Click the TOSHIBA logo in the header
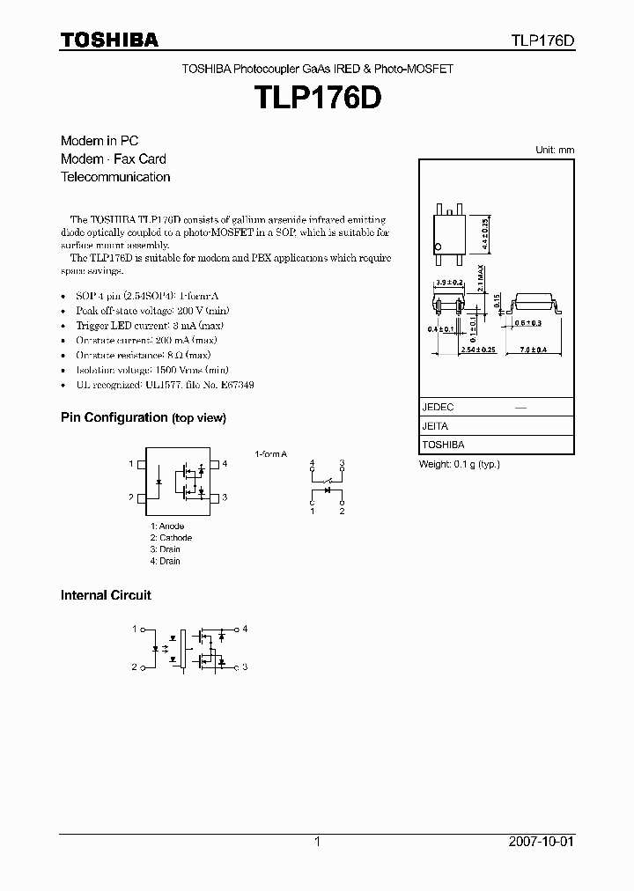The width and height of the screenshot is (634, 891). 109,40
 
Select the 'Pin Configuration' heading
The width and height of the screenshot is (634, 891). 114,417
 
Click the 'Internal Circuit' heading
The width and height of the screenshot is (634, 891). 106,595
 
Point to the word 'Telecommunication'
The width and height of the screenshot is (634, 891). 115,177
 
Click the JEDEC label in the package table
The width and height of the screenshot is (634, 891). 438,408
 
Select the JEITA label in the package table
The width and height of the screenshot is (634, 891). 435,426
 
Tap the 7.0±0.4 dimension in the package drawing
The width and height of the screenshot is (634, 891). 534,350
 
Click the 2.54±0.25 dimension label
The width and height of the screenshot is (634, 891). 479,350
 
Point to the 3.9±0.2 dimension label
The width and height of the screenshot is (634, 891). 451,282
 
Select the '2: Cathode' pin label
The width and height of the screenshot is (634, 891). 170,538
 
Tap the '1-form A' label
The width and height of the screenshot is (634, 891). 271,453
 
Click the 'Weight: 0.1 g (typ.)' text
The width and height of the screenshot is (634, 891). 459,464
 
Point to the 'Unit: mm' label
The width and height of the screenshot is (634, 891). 555,150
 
